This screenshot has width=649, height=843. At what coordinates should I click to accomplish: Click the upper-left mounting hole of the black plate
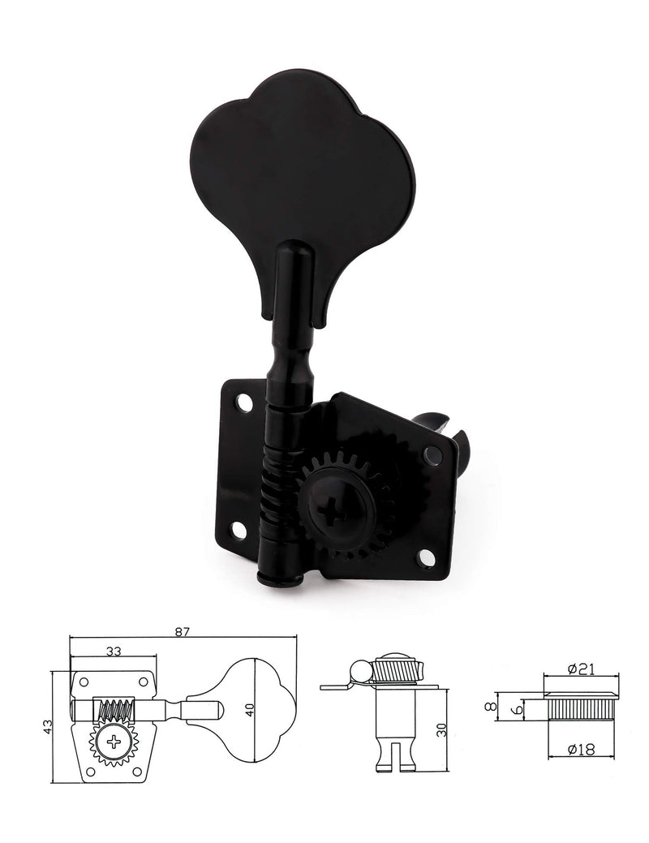coord(243,401)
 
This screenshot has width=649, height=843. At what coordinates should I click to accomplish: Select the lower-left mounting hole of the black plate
coord(239,530)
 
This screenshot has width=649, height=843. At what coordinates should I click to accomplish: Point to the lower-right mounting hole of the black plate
coord(426,557)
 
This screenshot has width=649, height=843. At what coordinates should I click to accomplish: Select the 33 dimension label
coord(113,650)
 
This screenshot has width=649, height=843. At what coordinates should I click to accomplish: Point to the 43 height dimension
coord(46,725)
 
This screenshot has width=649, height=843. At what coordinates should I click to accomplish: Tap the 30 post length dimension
coord(441,728)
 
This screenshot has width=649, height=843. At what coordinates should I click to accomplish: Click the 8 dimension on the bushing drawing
coord(488,707)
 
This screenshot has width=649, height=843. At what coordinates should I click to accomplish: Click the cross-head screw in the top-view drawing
coord(113,740)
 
